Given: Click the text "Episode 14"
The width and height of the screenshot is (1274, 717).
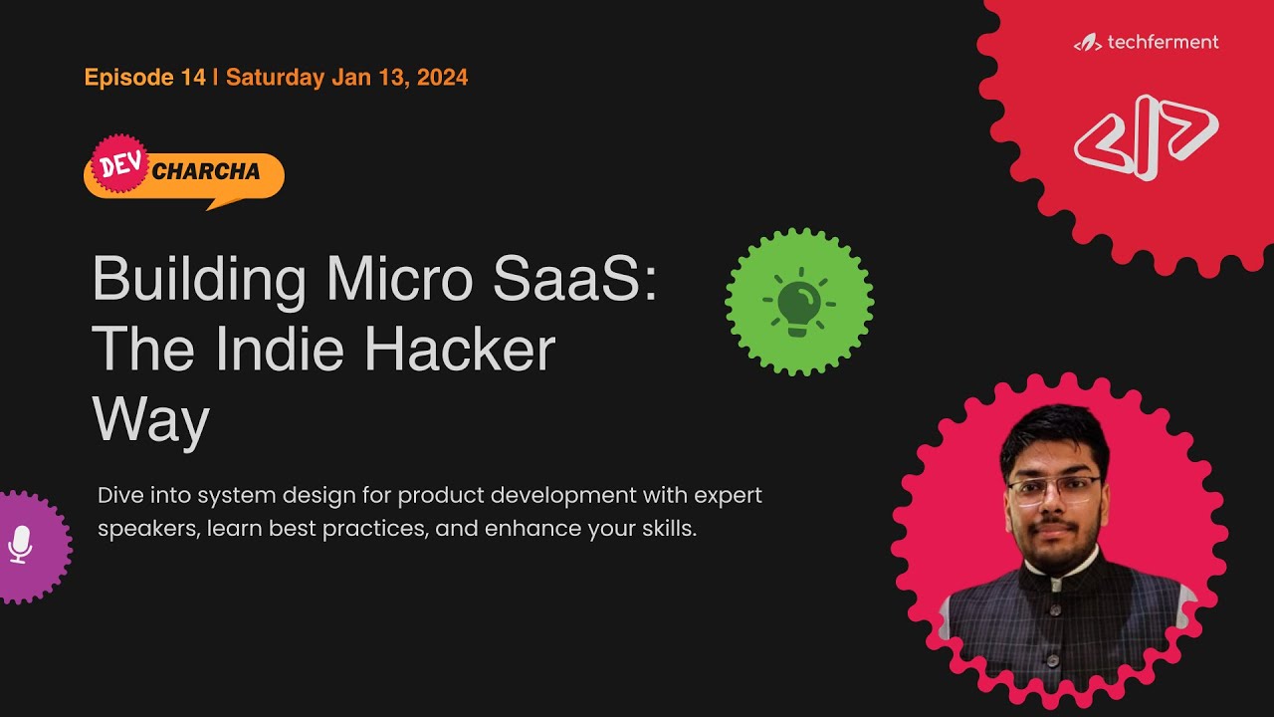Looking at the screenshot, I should (x=144, y=78).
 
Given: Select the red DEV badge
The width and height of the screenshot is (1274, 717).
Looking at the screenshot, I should (x=120, y=163).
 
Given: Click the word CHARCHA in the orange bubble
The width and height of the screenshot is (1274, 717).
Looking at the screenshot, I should (x=206, y=171).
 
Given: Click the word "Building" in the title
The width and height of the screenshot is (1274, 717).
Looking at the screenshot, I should (x=199, y=280).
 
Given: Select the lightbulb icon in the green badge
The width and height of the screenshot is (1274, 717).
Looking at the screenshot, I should (x=799, y=303).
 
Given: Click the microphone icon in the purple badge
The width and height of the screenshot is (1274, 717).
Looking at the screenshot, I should (x=21, y=546).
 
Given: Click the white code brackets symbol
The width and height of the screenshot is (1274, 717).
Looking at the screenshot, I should (x=1146, y=136).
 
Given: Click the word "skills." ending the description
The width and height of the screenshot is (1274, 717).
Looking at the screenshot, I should (x=665, y=529).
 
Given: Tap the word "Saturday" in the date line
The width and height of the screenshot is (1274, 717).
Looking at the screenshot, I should (x=276, y=78).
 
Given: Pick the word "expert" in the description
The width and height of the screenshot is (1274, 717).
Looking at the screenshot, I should (x=727, y=495).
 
